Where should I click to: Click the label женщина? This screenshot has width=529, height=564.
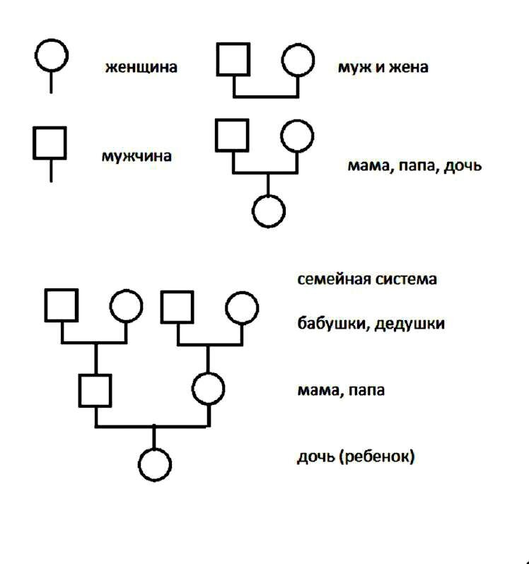pyautogui.click(x=141, y=68)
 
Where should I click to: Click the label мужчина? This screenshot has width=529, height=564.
pyautogui.click(x=136, y=155)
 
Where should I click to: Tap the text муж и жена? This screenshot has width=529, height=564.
pyautogui.click(x=383, y=68)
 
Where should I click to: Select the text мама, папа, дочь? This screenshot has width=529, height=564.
pyautogui.click(x=414, y=167)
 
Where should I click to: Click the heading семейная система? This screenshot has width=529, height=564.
pyautogui.click(x=367, y=278)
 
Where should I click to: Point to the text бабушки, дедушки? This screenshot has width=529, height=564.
pyautogui.click(x=371, y=324)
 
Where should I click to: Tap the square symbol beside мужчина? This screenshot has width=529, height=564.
pyautogui.click(x=50, y=143)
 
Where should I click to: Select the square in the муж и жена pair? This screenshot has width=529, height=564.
pyautogui.click(x=234, y=59)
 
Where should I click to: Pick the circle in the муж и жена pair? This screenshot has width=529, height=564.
pyautogui.click(x=298, y=60)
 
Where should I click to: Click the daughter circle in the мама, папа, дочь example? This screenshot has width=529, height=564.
pyautogui.click(x=269, y=211)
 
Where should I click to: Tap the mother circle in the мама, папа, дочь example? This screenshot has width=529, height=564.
pyautogui.click(x=296, y=135)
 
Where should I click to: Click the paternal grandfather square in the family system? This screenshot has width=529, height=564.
pyautogui.click(x=62, y=305)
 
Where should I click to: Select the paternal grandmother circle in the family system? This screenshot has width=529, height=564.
pyautogui.click(x=126, y=306)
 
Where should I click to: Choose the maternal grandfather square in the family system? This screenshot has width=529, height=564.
pyautogui.click(x=178, y=307)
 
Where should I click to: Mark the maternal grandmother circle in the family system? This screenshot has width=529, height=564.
pyautogui.click(x=242, y=307)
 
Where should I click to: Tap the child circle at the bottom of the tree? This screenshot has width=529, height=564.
pyautogui.click(x=155, y=464)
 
